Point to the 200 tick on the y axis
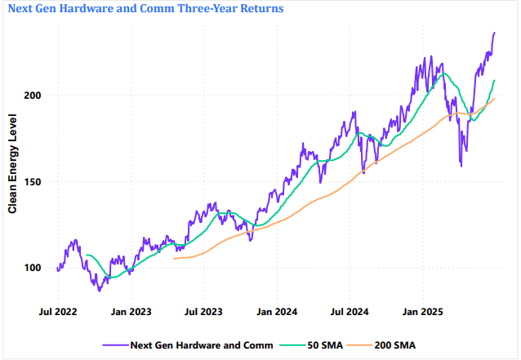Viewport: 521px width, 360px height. (x=33, y=96)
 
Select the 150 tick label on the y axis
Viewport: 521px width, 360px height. (x=33, y=182)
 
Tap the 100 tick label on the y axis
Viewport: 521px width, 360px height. (x=33, y=268)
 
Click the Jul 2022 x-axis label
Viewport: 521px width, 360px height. (x=59, y=311)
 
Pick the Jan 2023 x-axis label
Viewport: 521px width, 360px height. (x=131, y=311)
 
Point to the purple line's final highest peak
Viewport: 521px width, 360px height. (x=494, y=33)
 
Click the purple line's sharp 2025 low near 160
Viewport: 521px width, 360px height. (x=461, y=167)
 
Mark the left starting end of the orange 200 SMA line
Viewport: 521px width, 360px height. (x=174, y=259)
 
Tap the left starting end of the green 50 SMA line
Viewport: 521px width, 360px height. (x=87, y=256)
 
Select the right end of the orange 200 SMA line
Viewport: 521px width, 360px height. (x=494, y=99)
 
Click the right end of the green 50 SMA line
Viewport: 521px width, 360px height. (x=494, y=80)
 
